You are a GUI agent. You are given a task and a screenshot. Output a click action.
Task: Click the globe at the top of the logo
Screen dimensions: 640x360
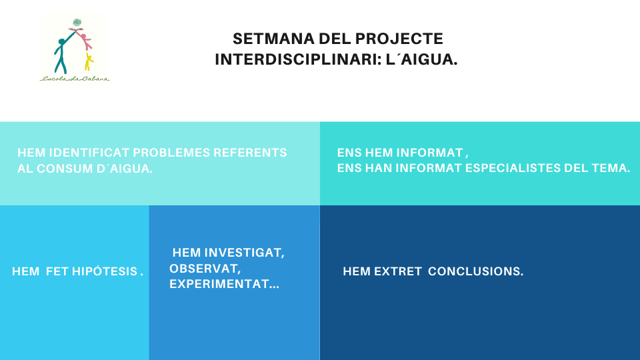77,23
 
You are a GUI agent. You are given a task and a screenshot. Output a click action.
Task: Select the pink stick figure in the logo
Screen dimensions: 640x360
85,40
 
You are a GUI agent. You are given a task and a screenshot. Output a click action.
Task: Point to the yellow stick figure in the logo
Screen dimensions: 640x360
89,61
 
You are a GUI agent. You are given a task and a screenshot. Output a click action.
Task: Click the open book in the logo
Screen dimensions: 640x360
76,29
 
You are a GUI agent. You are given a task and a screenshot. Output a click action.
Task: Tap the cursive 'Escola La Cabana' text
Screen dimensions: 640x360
75,79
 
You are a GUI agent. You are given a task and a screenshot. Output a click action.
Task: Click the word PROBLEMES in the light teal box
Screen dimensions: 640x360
171,153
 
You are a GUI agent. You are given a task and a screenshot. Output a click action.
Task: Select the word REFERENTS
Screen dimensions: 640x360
250,153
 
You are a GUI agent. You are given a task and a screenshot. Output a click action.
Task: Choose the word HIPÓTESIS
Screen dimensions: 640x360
105,271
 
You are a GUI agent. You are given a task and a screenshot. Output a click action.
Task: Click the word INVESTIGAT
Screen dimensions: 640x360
244,253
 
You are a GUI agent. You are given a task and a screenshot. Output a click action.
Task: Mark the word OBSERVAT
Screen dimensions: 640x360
205,269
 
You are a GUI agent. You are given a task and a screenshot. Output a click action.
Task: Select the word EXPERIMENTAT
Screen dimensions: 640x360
225,284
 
